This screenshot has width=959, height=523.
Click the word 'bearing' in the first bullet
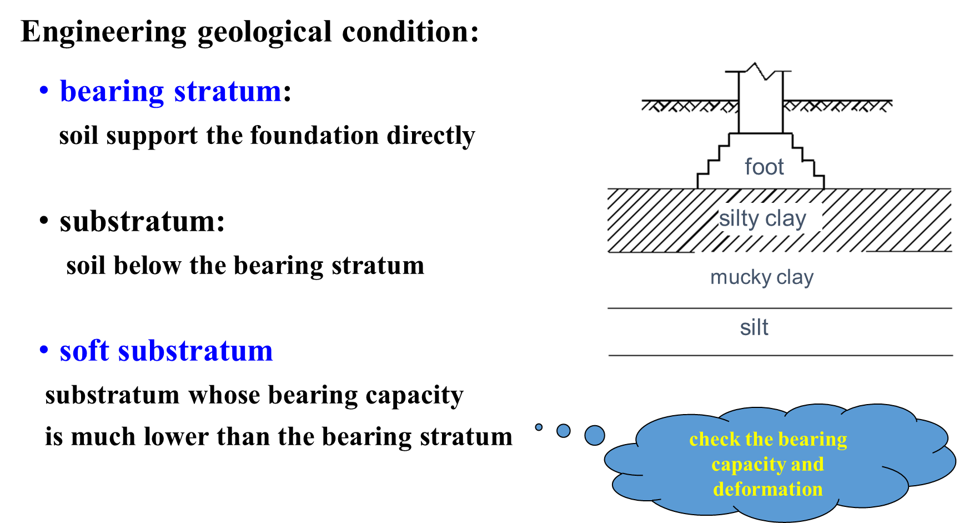tap(112, 92)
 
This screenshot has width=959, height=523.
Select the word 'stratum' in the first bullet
tap(228, 92)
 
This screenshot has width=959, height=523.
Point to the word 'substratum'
tap(195, 351)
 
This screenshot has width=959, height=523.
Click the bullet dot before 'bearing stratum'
tap(44, 89)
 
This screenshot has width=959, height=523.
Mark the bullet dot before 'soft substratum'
tap(44, 350)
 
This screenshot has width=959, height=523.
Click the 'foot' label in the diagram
tap(764, 167)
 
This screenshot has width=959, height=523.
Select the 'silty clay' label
tap(762, 218)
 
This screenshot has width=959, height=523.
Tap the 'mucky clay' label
tap(762, 277)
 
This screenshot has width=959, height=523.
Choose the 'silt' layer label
tap(754, 327)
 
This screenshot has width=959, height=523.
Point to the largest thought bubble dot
tap(594, 435)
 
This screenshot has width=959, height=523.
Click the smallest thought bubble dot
tap(539, 427)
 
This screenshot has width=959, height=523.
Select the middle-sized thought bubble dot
tap(563, 431)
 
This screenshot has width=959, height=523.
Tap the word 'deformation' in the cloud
tap(768, 489)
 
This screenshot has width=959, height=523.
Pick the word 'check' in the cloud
tap(715, 439)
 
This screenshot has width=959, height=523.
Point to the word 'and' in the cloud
tap(807, 464)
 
